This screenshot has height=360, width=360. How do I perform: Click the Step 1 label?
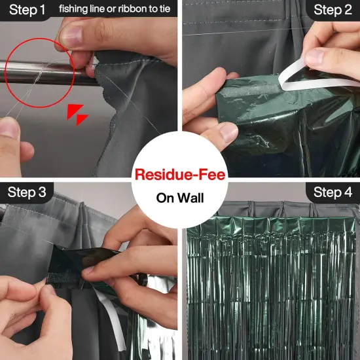[26, 10]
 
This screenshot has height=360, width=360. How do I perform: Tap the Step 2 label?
[333, 10]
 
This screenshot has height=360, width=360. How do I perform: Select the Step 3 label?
[27, 192]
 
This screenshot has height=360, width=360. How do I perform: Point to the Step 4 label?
[333, 192]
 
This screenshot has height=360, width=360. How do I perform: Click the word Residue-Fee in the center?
[179, 175]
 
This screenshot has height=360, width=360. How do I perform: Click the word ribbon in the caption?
[134, 9]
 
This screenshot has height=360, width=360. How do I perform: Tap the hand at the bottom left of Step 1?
[13, 141]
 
